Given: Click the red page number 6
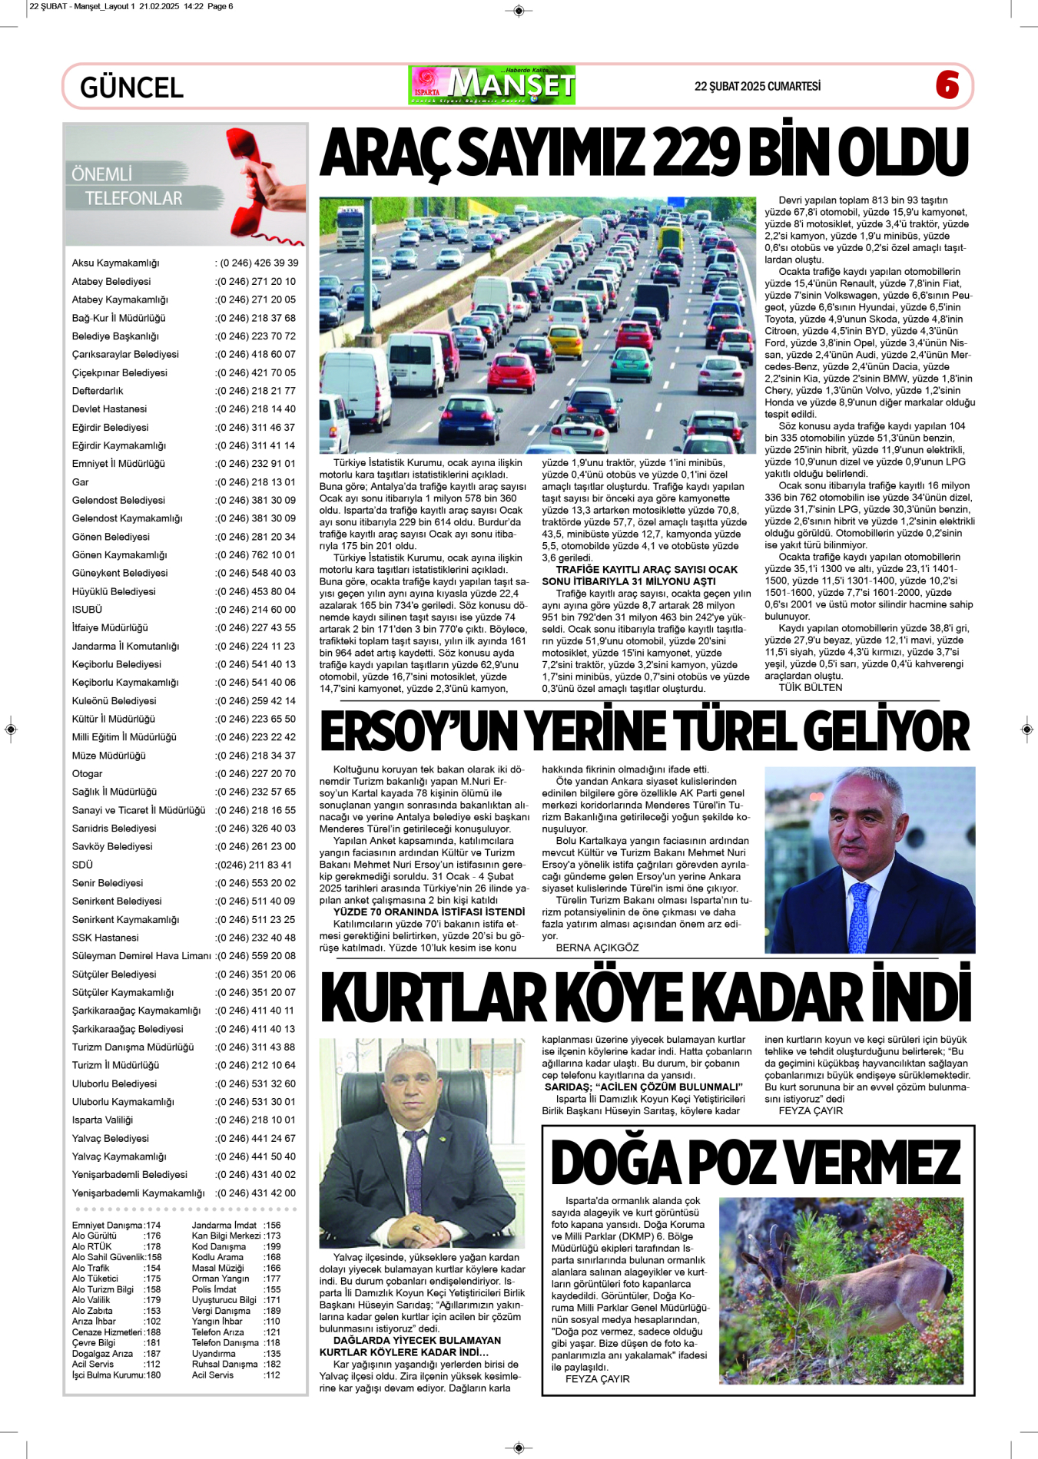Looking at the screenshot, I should tap(947, 84).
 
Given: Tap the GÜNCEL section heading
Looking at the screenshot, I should tap(131, 88).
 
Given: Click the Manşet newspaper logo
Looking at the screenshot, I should tap(492, 85).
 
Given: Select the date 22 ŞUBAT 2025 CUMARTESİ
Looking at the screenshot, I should tap(757, 87).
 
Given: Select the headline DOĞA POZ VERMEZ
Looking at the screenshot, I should tap(756, 1163).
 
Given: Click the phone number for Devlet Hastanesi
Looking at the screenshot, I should tap(256, 409).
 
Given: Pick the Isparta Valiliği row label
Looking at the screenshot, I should tap(102, 1120).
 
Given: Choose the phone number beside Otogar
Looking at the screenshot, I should tap(256, 774).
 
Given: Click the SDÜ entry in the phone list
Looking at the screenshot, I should tap(82, 865).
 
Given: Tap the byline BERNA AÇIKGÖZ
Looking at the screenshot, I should tap(597, 948).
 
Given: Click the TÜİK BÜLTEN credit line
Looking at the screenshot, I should tap(810, 687).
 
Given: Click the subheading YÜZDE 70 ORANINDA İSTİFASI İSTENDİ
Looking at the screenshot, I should tap(429, 912).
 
